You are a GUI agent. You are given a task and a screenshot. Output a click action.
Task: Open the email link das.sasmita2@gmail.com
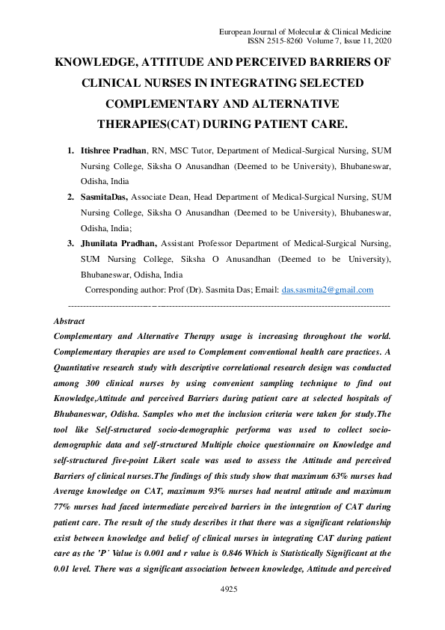click(x=328, y=290)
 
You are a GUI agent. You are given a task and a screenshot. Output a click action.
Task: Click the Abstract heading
click(x=70, y=321)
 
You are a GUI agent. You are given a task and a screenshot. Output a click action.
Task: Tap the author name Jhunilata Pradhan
click(x=118, y=243)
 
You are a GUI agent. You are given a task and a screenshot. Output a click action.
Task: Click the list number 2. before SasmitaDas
click(x=72, y=198)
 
